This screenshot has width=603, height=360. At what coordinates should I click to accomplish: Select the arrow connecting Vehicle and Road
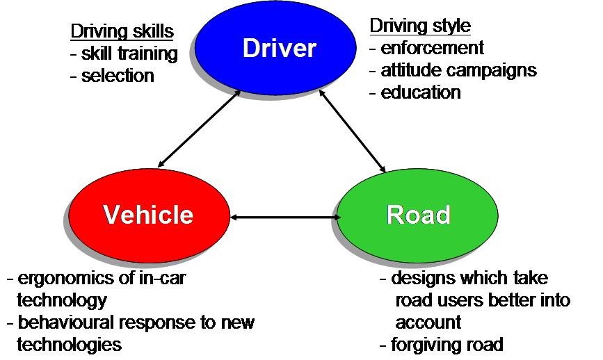[x=284, y=218]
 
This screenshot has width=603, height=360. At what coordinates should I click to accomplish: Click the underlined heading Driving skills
[x=122, y=31]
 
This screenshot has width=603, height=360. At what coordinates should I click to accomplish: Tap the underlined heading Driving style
[x=420, y=26]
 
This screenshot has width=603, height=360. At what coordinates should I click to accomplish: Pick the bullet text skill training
[x=129, y=53]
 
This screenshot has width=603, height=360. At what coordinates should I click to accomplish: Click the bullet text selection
[x=118, y=75]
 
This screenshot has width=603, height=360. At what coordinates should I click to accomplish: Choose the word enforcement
[x=432, y=48]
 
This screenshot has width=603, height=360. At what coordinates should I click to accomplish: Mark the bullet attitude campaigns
[x=458, y=70]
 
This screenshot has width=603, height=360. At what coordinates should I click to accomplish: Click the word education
[x=421, y=92]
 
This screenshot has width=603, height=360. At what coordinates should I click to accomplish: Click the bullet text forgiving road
[x=447, y=344]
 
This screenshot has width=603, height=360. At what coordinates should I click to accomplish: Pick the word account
[x=428, y=322]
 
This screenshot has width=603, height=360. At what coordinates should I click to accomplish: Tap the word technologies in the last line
[x=69, y=344]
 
